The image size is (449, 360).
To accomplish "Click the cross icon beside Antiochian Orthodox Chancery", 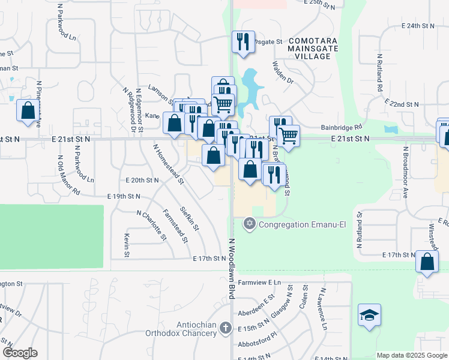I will coord(225,328).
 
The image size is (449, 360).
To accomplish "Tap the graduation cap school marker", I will coord(369,315).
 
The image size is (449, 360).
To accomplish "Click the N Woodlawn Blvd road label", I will coord(230,270).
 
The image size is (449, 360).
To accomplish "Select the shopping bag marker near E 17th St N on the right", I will coord(426,262).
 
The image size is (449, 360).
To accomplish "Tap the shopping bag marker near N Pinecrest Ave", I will coord(28,111).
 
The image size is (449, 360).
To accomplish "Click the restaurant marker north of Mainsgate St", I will coord(243,41).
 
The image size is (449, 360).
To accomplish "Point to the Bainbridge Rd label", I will coord(342,127).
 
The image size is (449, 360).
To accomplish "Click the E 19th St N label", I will coord(124,196).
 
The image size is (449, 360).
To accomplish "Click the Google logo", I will coord(20,353).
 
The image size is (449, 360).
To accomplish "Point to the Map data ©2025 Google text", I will coord(411,355).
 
